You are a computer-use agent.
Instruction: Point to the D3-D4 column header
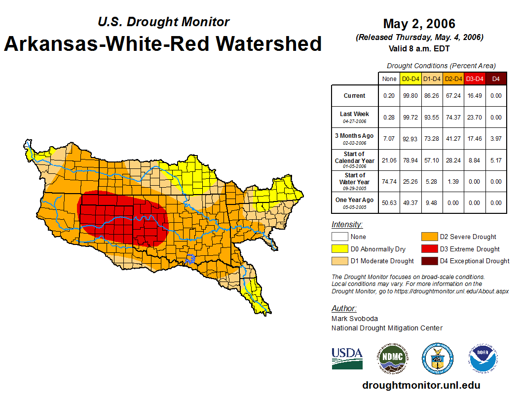pos(474,79)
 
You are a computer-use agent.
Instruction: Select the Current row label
pos(355,96)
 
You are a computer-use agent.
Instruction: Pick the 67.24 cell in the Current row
pos(453,96)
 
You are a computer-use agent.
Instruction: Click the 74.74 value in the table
pos(389,181)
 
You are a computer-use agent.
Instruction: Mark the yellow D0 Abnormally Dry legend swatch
pos(340,249)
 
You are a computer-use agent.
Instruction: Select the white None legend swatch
pos(340,237)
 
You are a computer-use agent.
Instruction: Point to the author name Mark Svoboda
pos(355,319)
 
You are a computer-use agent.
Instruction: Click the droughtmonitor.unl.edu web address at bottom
pos(421,385)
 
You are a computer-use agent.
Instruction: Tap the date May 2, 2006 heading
pos(419,24)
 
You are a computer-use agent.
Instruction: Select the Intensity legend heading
pos(347,225)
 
